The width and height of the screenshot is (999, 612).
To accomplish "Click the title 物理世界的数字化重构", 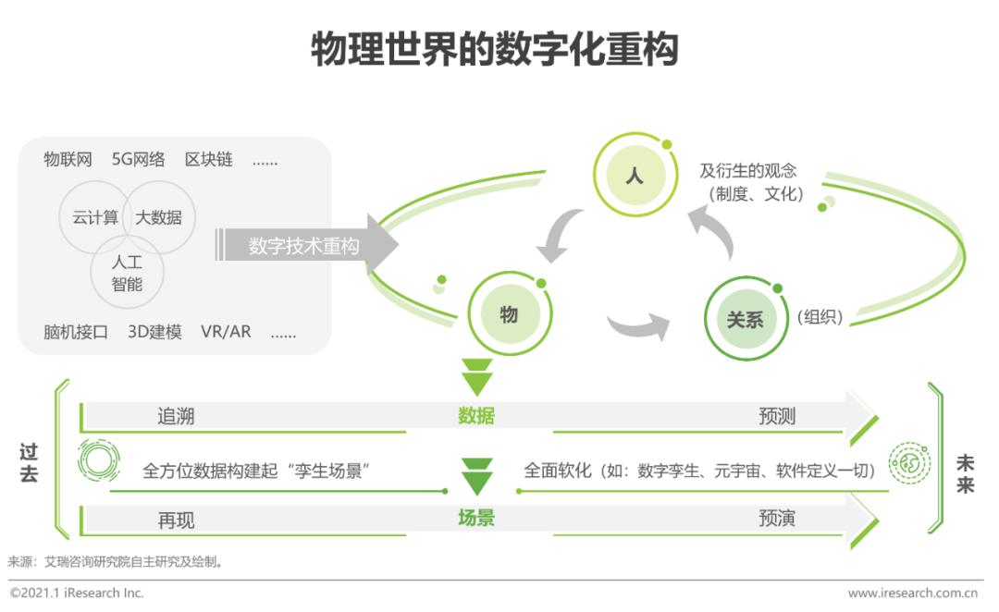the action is coord(494,49).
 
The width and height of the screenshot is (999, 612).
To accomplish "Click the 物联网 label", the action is coord(68,159).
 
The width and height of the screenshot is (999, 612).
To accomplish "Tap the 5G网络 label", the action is coord(138,159).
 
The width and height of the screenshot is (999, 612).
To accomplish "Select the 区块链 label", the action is coord(209,159).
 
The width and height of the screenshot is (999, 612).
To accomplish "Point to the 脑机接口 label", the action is coord(76,332).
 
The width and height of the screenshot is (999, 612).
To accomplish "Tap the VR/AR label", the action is coord(227,332).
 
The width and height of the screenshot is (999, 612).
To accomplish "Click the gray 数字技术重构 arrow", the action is coord(307,245).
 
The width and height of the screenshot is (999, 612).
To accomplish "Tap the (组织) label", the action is coord(820,317).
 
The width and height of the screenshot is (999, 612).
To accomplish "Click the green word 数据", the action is coord(476,416).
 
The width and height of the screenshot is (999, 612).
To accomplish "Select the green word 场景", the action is coord(476,518).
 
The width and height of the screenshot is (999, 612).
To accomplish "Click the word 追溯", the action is coord(176,417).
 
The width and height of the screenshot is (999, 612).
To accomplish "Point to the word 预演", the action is coord(777,519).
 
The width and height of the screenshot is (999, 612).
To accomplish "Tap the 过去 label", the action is coord(29,463).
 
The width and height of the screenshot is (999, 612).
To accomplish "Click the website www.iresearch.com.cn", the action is coord(912,593).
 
